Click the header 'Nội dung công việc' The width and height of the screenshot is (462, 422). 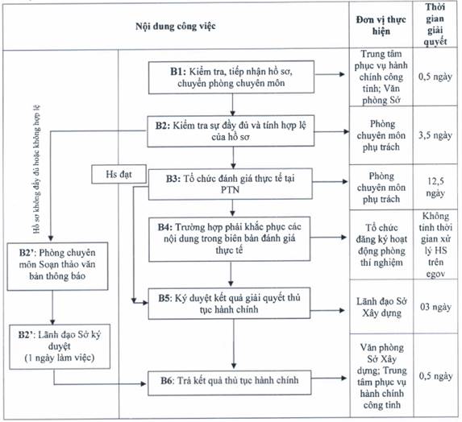176,27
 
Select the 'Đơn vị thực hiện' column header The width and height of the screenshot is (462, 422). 381,25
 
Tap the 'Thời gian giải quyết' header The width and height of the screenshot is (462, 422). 435,24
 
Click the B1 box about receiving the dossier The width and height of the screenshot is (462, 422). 231,77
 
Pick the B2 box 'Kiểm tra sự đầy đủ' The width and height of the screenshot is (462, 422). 231,131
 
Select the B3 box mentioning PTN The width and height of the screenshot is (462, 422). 231,184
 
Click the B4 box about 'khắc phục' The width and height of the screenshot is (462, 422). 230,239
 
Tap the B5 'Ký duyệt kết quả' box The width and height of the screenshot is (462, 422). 229,304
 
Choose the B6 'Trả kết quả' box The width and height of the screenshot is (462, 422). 230,383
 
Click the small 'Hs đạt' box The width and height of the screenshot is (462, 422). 119,174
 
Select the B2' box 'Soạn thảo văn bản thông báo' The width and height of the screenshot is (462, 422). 57,266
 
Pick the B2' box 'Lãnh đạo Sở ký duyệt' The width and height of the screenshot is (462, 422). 60,346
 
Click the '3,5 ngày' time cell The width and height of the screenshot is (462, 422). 435,135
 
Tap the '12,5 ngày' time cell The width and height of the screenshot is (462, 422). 435,187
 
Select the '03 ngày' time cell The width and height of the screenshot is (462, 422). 435,307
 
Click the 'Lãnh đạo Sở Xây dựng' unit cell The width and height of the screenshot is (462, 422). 381,307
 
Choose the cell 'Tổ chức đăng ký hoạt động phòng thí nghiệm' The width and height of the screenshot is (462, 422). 381,245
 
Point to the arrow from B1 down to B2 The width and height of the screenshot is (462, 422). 232,105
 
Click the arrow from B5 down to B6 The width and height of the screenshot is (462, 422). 234,345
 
